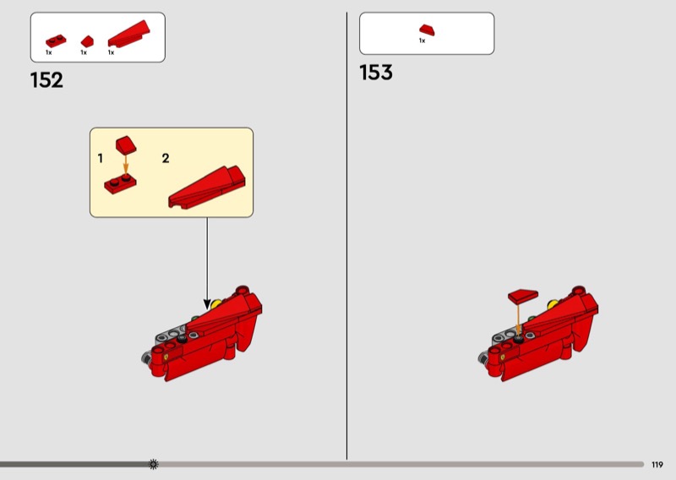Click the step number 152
point(46,80)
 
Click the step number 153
point(376,73)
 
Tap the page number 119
point(657,465)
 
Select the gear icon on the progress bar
point(154,464)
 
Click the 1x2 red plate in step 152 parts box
point(56,41)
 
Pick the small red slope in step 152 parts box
point(87,41)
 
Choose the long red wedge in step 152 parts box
point(128,34)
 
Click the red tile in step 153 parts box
point(427,30)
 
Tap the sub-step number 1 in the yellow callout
point(101,158)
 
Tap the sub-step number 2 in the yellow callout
point(166,158)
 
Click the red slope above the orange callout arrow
point(126,145)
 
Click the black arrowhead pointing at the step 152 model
point(207,304)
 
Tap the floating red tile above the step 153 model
point(523,296)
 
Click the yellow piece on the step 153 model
point(553,305)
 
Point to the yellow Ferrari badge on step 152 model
point(166,357)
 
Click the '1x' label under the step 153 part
point(422,41)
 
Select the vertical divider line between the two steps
point(346,236)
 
